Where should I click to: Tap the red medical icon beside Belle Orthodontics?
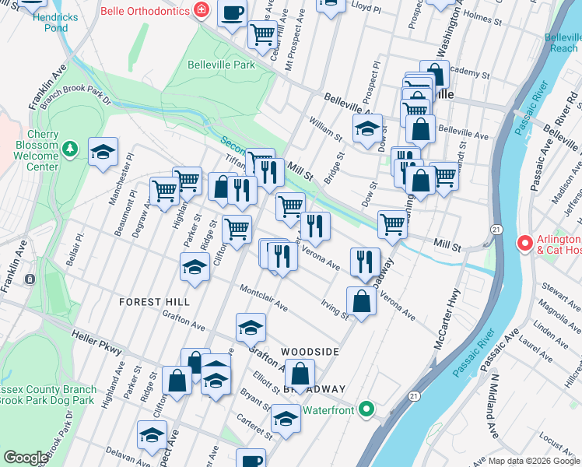pyautogui.click(x=202, y=10)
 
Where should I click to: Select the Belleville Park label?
pyautogui.click(x=222, y=65)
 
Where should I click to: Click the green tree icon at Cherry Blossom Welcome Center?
pyautogui.click(x=70, y=147)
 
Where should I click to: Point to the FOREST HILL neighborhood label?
pyautogui.click(x=155, y=301)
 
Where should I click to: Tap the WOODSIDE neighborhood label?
pyautogui.click(x=310, y=352)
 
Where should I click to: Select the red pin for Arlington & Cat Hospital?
pyautogui.click(x=524, y=244)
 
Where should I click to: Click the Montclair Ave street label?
pyautogui.click(x=265, y=298)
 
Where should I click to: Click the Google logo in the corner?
pyautogui.click(x=26, y=458)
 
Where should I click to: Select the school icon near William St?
pyautogui.click(x=368, y=128)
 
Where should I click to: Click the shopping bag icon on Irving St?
pyautogui.click(x=362, y=301)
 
